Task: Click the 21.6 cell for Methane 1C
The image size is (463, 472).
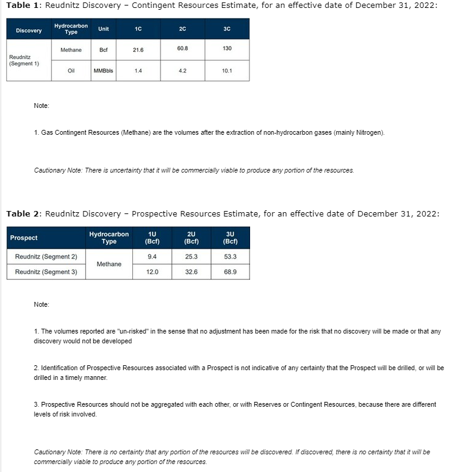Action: [138, 50]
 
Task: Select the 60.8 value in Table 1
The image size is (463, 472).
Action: [182, 48]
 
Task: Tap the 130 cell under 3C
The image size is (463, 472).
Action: [227, 48]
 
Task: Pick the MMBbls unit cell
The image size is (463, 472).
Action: [103, 71]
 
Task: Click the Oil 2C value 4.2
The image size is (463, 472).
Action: [182, 71]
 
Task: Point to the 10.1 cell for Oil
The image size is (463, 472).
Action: [227, 71]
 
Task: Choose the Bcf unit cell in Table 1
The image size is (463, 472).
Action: [103, 50]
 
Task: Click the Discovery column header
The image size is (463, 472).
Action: [29, 30]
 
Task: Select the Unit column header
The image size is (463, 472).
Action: [103, 29]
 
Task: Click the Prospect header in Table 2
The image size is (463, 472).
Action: [24, 238]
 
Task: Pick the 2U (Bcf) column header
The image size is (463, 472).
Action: [191, 238]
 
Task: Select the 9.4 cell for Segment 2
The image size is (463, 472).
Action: [152, 257]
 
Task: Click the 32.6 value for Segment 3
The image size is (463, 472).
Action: [191, 272]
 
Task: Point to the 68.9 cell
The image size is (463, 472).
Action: [230, 272]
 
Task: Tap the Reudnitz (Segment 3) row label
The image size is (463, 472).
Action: [46, 272]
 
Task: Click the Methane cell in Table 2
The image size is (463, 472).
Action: [109, 264]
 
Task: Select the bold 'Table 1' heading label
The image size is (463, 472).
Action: [23, 5]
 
